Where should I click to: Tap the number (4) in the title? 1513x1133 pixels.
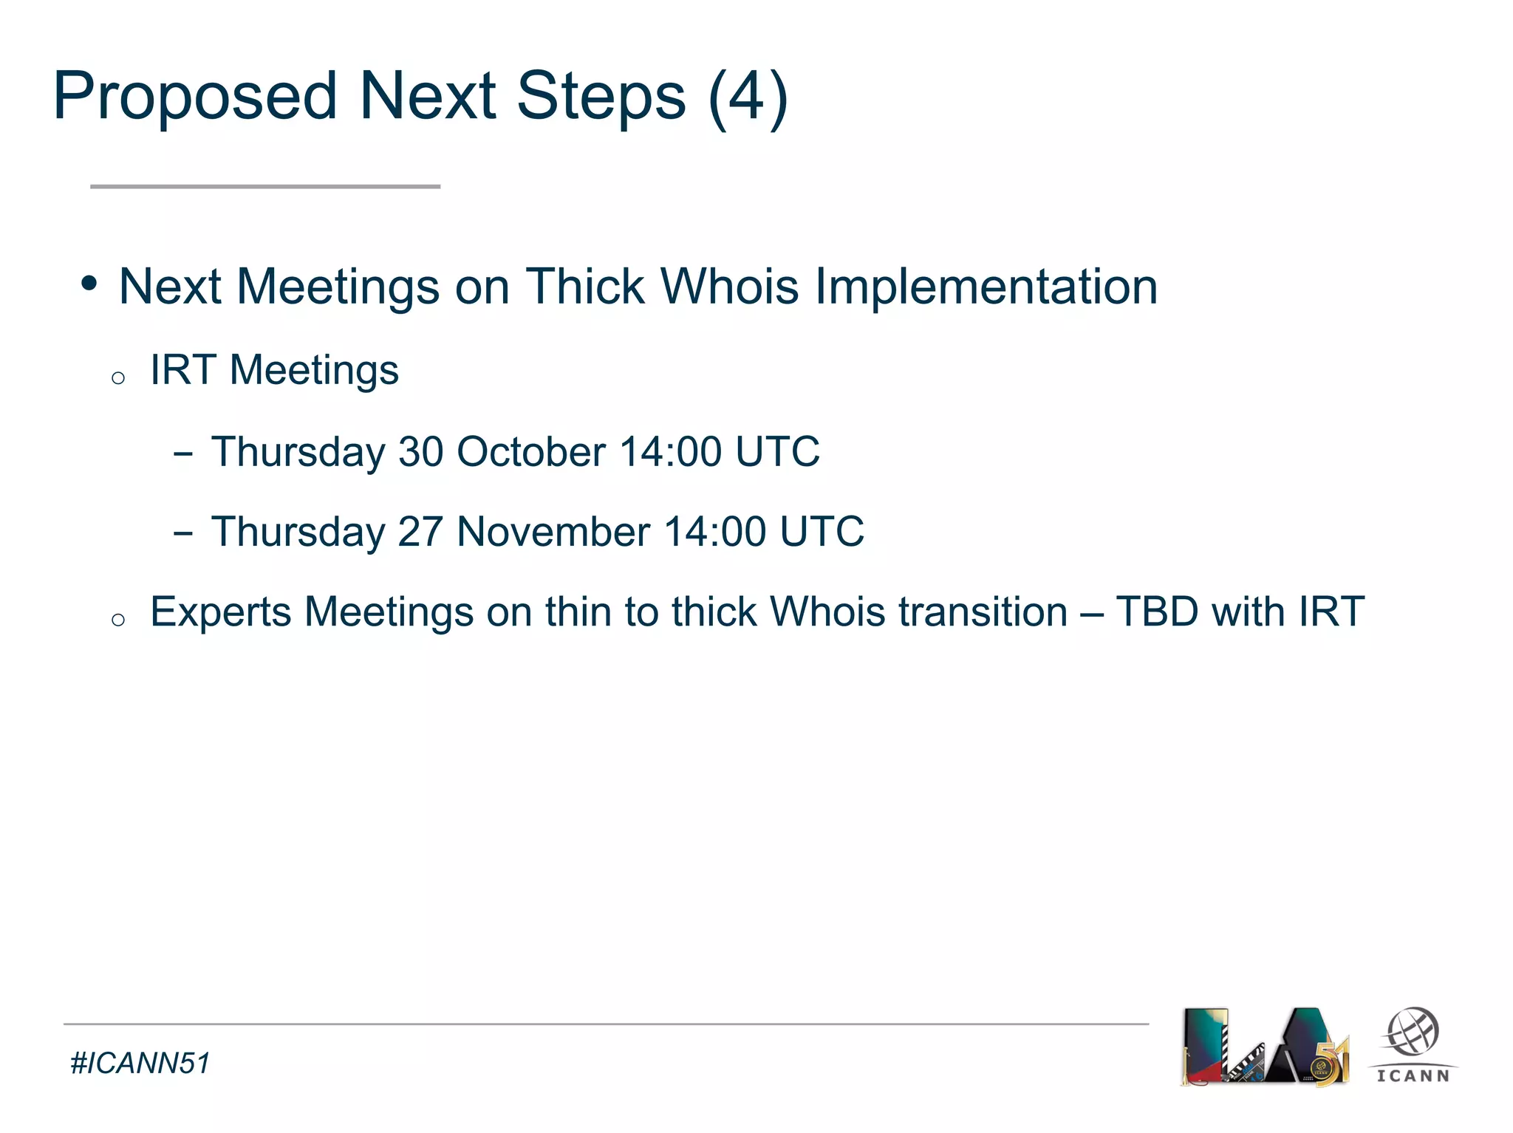(748, 96)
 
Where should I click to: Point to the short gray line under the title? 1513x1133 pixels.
(265, 187)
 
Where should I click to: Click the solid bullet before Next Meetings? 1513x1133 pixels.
(89, 284)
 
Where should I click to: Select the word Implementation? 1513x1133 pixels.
(986, 287)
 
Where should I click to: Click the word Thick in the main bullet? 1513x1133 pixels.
(585, 287)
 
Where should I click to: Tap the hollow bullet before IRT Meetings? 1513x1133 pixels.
(118, 378)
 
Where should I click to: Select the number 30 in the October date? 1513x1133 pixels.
(420, 451)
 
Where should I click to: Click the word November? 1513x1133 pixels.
(553, 532)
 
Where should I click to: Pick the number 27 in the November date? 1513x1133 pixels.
(420, 532)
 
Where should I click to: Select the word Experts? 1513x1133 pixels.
(221, 613)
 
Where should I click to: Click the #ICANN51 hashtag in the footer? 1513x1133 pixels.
(140, 1064)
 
